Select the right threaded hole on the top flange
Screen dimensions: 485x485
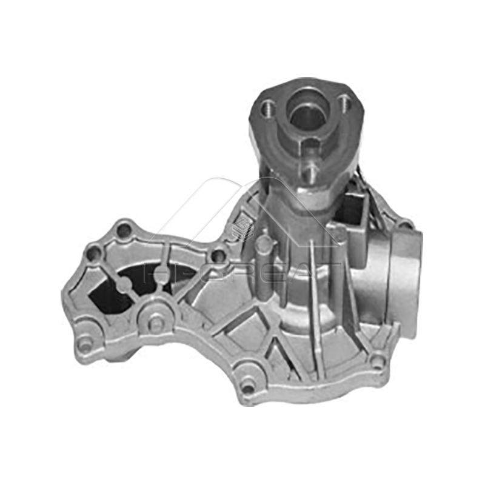tap(344, 101)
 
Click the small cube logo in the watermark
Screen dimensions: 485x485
tap(243, 227)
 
